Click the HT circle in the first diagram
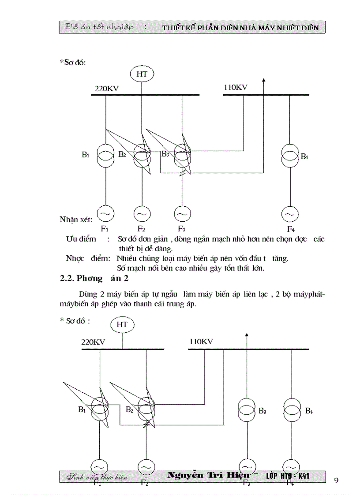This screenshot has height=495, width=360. [142, 74]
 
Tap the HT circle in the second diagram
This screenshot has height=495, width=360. [122, 324]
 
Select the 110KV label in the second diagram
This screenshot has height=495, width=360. [201, 341]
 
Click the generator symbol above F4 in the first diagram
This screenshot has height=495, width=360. [290, 214]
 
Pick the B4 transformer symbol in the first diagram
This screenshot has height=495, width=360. [290, 156]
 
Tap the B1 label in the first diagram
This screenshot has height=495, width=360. [86, 155]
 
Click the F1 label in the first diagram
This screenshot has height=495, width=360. [105, 228]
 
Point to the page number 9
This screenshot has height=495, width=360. [337, 480]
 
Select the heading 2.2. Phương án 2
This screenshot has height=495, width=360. [95, 279]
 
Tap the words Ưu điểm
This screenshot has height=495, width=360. [81, 239]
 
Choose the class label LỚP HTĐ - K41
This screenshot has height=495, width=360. [287, 476]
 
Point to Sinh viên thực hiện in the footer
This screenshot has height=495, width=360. [97, 477]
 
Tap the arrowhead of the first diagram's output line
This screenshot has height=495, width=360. [264, 80]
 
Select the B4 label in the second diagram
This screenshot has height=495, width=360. [309, 411]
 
